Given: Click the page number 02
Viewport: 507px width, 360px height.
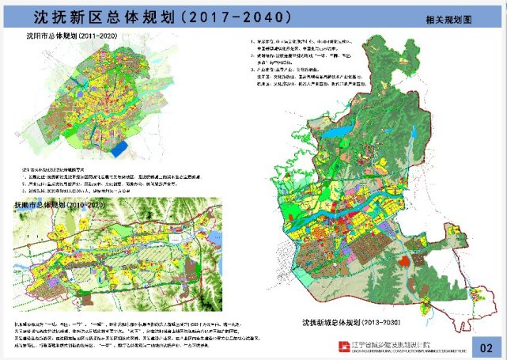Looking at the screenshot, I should (486, 345).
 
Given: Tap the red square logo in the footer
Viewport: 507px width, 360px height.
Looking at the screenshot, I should (344, 346).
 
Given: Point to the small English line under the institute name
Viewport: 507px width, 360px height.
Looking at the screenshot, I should (404, 350).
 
